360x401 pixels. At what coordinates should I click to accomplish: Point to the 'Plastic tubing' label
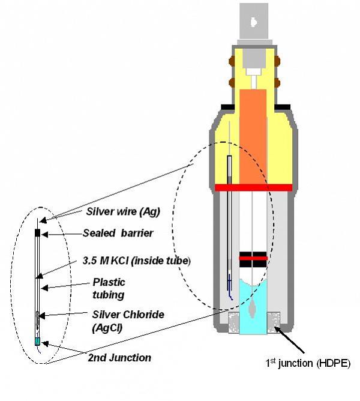coord(109,288)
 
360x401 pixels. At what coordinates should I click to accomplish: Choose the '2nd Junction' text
coord(119,358)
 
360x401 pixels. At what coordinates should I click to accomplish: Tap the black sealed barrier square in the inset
coord(37,232)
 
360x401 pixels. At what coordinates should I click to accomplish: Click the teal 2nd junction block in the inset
coord(37,341)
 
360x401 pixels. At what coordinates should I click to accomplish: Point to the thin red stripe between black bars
coord(253,258)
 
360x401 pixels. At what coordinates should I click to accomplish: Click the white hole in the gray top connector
coord(254,22)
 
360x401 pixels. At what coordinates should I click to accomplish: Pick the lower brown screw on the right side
coord(278,82)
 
